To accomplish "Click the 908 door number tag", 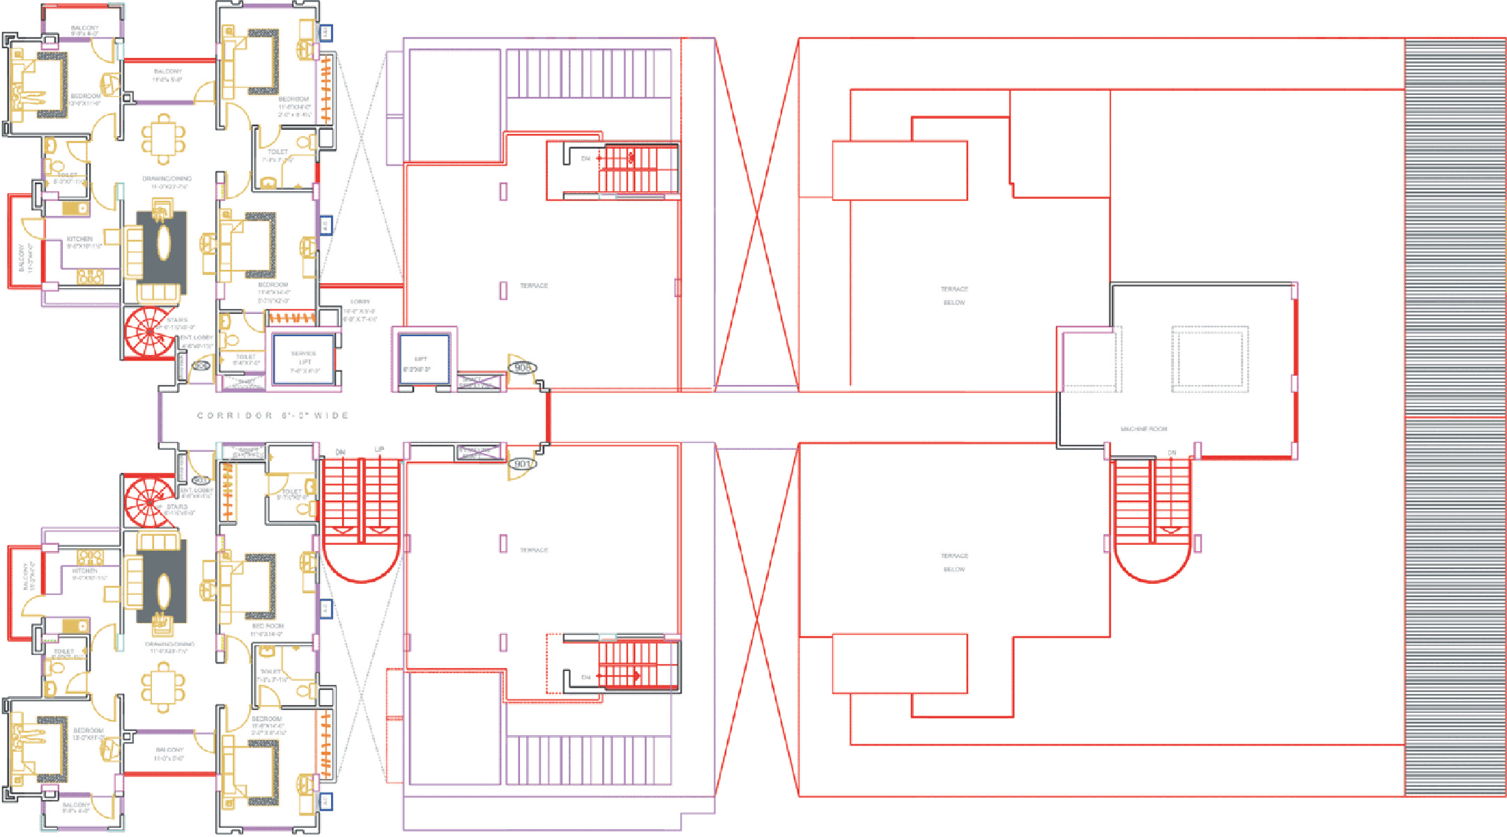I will [x=522, y=368].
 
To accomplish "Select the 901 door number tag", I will [x=522, y=464].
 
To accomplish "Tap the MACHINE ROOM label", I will [x=1143, y=429].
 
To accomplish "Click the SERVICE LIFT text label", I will [x=304, y=358].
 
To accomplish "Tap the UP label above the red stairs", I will [x=379, y=450].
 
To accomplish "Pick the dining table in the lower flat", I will [x=163, y=687].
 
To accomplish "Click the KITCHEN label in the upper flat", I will [x=80, y=239].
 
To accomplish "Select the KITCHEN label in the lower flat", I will [x=85, y=571].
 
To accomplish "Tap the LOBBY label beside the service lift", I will [x=360, y=302].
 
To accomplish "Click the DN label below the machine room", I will [x=1172, y=453].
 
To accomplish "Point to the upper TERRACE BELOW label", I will [x=954, y=296].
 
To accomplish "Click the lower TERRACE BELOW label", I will [x=954, y=562].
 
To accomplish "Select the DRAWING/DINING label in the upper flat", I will [x=167, y=179].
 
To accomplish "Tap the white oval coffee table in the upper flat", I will [x=163, y=244].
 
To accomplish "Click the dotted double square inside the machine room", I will [x=1209, y=358].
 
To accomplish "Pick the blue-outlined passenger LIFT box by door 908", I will [x=423, y=359].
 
